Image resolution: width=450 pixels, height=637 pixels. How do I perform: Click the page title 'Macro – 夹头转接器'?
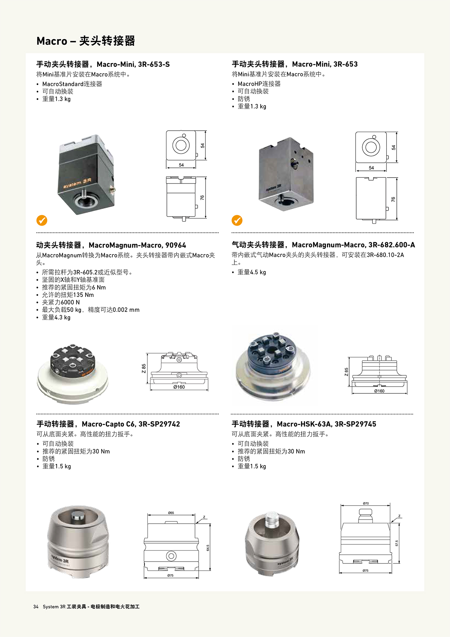pos(85,41)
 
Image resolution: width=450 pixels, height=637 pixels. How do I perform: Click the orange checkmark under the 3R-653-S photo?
pos(42,220)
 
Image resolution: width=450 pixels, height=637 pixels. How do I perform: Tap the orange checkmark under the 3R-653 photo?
pos(237,220)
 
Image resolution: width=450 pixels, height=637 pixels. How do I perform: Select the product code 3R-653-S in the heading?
pos(154,64)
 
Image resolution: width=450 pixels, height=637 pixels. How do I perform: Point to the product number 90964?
pos(175,245)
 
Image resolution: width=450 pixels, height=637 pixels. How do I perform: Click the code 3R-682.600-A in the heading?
pos(391,245)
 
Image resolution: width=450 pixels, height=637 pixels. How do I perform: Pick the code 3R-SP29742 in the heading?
pos(159,424)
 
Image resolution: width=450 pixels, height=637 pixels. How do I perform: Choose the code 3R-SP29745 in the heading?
pos(355,424)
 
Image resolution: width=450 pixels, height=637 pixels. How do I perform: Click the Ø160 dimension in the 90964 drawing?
pos(179,387)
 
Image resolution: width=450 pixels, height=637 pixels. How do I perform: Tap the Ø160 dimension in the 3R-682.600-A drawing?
pos(379,391)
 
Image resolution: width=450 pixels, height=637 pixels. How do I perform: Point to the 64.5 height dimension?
pos(208,548)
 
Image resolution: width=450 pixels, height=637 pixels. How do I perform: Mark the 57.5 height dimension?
pos(397,543)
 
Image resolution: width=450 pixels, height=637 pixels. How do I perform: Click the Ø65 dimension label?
pos(171,513)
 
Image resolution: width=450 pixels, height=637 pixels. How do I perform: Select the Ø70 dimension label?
pos(366,503)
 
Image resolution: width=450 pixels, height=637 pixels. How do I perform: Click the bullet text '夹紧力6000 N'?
pos(61,302)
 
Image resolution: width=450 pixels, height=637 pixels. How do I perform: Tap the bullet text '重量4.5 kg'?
pos(252,272)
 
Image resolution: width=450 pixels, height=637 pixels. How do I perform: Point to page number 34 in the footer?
pos(36,607)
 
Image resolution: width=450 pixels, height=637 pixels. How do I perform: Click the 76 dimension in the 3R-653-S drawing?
pos(202,197)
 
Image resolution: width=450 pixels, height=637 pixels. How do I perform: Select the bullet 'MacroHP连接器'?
pos(259,84)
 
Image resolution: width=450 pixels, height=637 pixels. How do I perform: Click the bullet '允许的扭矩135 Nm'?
pos(68,295)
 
